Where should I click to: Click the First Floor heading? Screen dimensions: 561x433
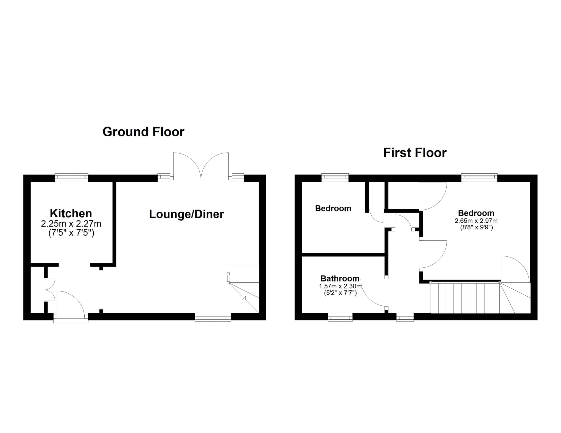click(x=415, y=153)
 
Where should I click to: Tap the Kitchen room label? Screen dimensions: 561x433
click(x=71, y=213)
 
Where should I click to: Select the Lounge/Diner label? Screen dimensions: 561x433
click(x=186, y=214)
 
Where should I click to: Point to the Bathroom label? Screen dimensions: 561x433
click(x=340, y=278)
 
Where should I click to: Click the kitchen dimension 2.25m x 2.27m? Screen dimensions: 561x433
click(x=71, y=224)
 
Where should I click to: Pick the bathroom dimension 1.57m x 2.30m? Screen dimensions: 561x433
click(x=340, y=286)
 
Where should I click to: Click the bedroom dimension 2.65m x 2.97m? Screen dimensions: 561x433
click(x=476, y=221)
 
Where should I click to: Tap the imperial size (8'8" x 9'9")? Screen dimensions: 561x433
click(x=476, y=227)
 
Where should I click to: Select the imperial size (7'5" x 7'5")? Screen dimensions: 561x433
click(x=71, y=233)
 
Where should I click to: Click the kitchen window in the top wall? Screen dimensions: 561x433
click(x=71, y=178)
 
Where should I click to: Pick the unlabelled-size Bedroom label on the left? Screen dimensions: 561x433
click(x=333, y=208)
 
